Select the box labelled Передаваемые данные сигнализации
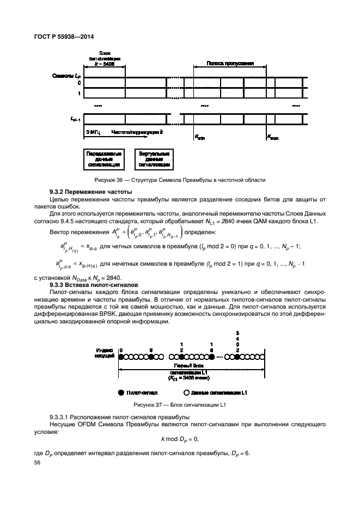click(104, 158)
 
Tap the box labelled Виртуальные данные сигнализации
click(154, 158)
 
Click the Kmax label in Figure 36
click(272, 138)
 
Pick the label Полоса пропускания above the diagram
click(230, 63)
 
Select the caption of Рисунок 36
click(179, 180)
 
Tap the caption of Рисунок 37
click(179, 406)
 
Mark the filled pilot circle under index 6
click(151, 357)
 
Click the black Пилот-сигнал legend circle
click(120, 391)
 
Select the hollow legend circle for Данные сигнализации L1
click(187, 391)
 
